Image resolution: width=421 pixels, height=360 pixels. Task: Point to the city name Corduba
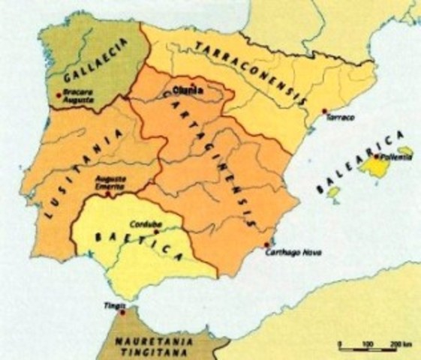164,223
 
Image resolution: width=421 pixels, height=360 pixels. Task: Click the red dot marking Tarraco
324,112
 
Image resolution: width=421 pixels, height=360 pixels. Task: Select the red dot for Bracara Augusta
59,94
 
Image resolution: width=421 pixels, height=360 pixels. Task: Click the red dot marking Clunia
193,84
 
